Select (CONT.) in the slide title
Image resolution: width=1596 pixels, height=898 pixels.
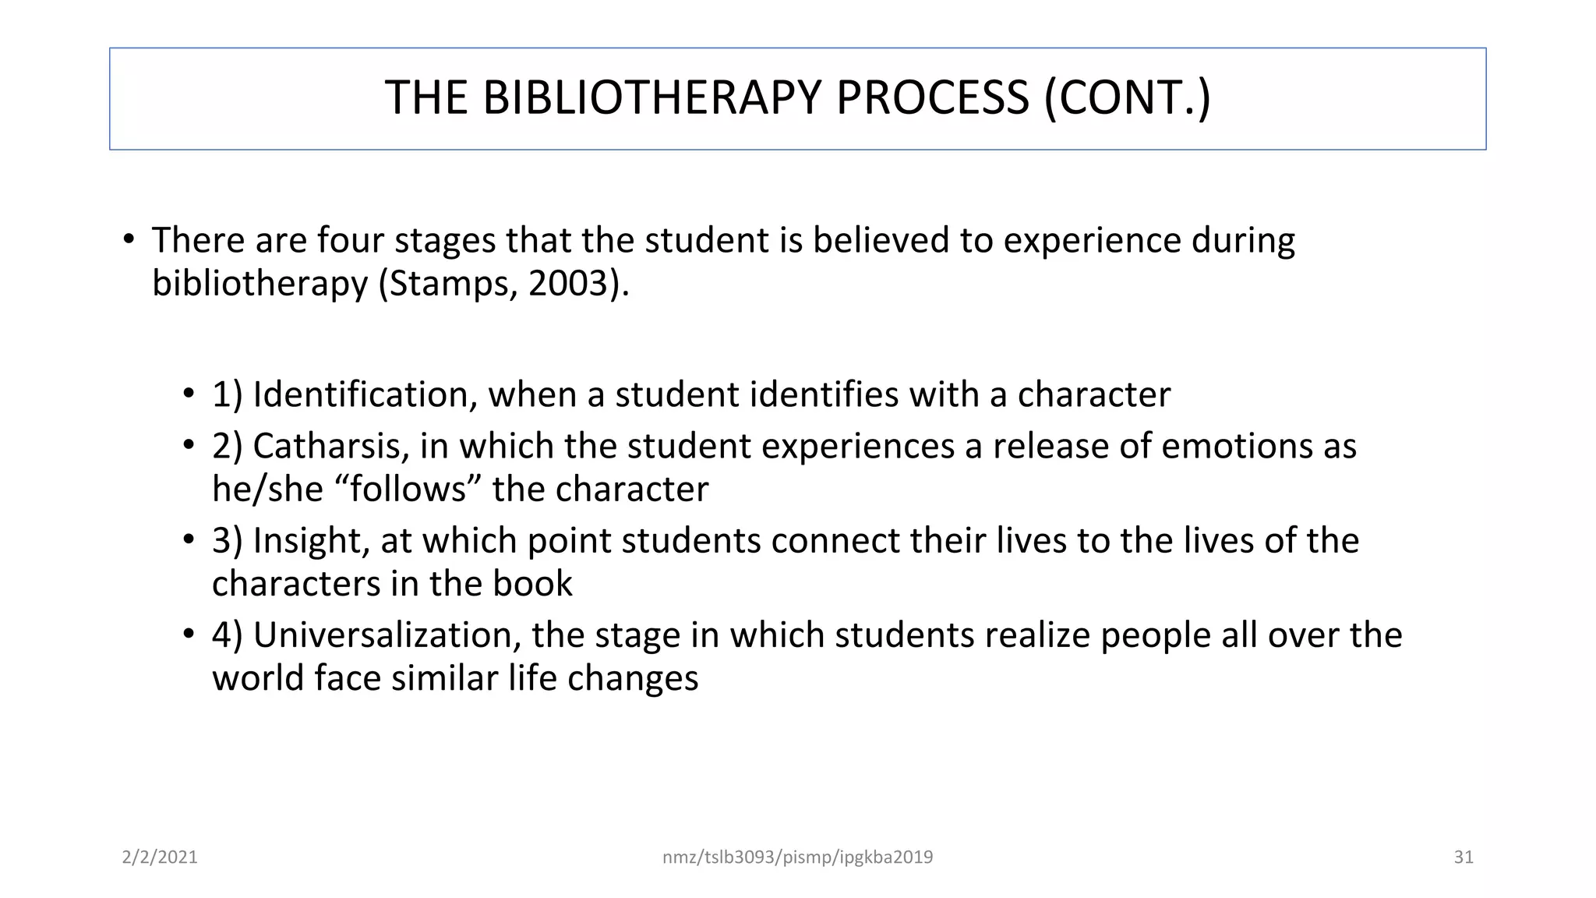click(x=1128, y=98)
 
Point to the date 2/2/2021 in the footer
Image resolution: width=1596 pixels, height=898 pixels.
click(x=160, y=857)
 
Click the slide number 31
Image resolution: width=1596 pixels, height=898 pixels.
click(x=1464, y=857)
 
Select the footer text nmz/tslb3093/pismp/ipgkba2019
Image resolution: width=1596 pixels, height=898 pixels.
click(x=797, y=857)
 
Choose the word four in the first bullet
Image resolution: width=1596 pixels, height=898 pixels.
click(x=350, y=240)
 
